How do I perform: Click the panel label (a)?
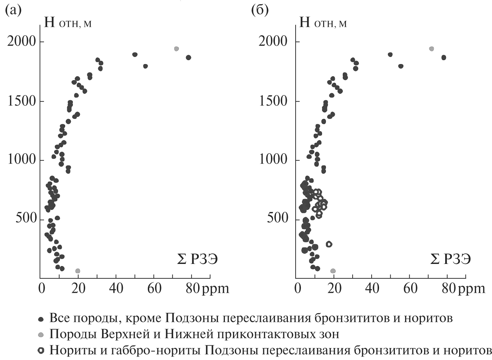(x=13, y=10)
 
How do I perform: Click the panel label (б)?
(x=260, y=10)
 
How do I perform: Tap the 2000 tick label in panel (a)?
(x=21, y=42)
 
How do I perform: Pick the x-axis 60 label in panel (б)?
(x=410, y=288)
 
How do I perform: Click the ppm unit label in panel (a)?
(x=215, y=289)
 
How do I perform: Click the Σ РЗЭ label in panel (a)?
(x=197, y=259)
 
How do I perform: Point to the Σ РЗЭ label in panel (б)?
(x=451, y=259)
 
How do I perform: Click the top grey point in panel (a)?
(x=176, y=49)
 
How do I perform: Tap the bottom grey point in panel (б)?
(x=333, y=271)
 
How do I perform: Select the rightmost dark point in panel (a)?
(x=188, y=57)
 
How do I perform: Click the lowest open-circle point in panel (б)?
(x=329, y=244)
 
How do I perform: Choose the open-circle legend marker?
(x=41, y=350)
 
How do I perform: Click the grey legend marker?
(x=41, y=334)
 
